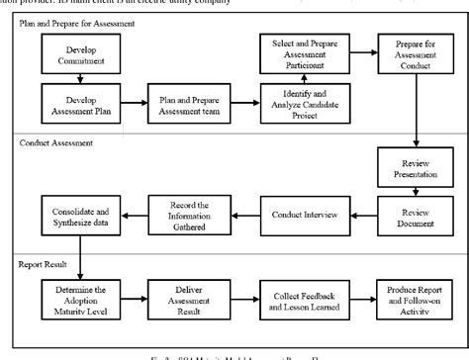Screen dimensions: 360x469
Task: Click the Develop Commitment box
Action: (80, 55)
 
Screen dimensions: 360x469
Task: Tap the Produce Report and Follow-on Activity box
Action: (415, 297)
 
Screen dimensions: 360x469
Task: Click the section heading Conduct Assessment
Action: (58, 141)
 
